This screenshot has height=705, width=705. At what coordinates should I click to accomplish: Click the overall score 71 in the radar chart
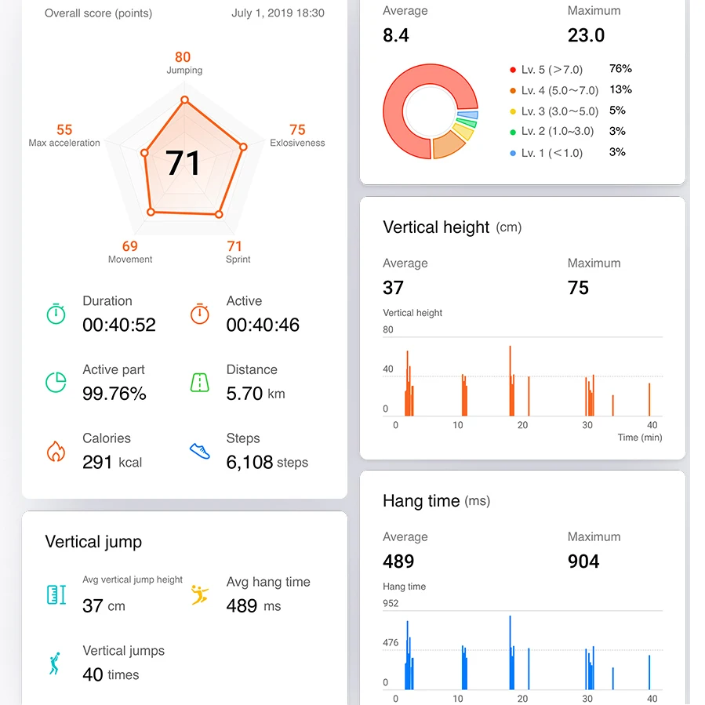[x=184, y=163]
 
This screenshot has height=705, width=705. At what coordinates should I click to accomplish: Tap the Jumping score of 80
[x=183, y=57]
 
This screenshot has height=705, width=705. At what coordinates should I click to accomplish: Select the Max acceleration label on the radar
[x=64, y=143]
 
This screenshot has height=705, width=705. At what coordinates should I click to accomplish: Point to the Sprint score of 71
[x=234, y=246]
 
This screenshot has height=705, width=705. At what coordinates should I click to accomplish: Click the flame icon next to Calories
[x=55, y=451]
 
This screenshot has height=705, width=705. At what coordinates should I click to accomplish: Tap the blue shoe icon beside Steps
[x=200, y=451]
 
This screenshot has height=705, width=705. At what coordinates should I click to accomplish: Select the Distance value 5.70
[x=245, y=394]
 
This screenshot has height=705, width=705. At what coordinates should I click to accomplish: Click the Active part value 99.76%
[x=114, y=394]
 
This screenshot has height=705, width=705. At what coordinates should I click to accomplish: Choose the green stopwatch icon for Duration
[x=56, y=314]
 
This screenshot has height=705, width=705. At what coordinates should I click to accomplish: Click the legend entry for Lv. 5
[x=551, y=70]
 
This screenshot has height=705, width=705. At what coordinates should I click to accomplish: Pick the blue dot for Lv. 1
[x=513, y=153]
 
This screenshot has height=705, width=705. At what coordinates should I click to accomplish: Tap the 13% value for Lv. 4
[x=620, y=90]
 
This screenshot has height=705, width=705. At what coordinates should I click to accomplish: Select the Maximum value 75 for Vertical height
[x=578, y=289]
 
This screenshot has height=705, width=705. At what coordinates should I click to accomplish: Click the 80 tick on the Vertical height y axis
[x=388, y=329]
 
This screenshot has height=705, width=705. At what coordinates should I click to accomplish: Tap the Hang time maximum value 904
[x=583, y=561]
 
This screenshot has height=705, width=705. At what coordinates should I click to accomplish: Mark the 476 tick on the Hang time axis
[x=391, y=643]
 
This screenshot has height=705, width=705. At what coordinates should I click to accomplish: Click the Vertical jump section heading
[x=93, y=542]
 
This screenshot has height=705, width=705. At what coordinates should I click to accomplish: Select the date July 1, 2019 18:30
[x=278, y=13]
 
